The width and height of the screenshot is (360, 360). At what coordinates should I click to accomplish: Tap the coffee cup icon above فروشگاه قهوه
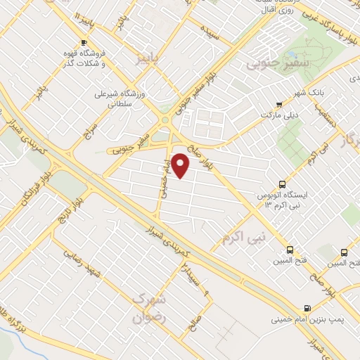(x=84, y=43)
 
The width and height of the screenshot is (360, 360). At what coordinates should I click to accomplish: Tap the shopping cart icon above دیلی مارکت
(x=279, y=104)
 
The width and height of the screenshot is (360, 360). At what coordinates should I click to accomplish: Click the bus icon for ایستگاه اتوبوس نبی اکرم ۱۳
(x=283, y=181)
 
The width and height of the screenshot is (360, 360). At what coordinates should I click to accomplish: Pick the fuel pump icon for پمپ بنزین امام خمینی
(x=307, y=308)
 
